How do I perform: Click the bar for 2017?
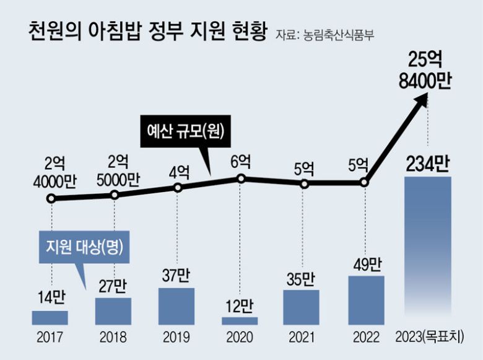[50, 318]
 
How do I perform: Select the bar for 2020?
[240, 321]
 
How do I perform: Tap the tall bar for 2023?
[429, 248]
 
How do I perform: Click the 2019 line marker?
[177, 188]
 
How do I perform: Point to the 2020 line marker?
[241, 179]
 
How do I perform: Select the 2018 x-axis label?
[113, 338]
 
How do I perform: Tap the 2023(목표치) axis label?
[429, 338]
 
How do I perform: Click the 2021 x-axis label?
[302, 338]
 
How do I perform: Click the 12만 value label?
[240, 306]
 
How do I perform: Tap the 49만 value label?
[365, 265]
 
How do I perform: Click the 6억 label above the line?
[241, 163]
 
